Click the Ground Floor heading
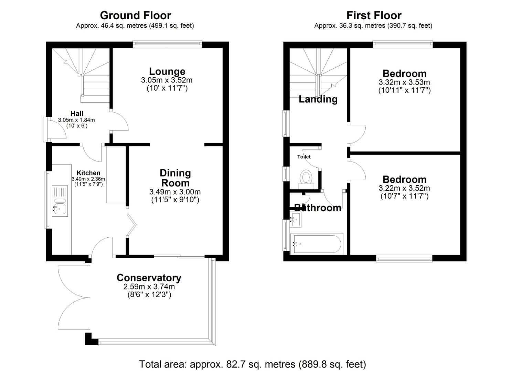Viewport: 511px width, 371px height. point(136,16)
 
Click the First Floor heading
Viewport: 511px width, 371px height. point(374,16)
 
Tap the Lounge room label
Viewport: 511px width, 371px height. point(167,71)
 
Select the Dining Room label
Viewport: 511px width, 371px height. point(175,178)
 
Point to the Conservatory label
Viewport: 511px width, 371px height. point(149,278)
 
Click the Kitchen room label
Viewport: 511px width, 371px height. point(88,173)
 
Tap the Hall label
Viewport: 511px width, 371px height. point(77,113)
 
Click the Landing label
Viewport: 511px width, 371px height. point(318,99)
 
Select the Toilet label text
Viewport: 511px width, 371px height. point(304,157)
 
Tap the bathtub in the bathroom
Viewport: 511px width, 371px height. point(317,244)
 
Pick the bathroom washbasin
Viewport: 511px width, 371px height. point(296,219)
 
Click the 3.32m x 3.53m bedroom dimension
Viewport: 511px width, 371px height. point(404,82)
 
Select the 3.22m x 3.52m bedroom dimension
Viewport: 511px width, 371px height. point(404,188)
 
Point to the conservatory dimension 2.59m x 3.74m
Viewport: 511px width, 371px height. point(149,286)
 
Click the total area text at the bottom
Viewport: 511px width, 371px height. point(253,364)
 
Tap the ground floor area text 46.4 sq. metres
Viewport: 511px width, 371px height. point(135,25)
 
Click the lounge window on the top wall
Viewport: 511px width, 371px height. point(168,44)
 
